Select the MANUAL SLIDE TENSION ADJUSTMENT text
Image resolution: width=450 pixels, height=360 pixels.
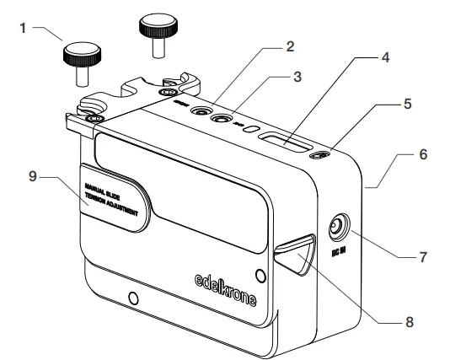click(114, 200)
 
